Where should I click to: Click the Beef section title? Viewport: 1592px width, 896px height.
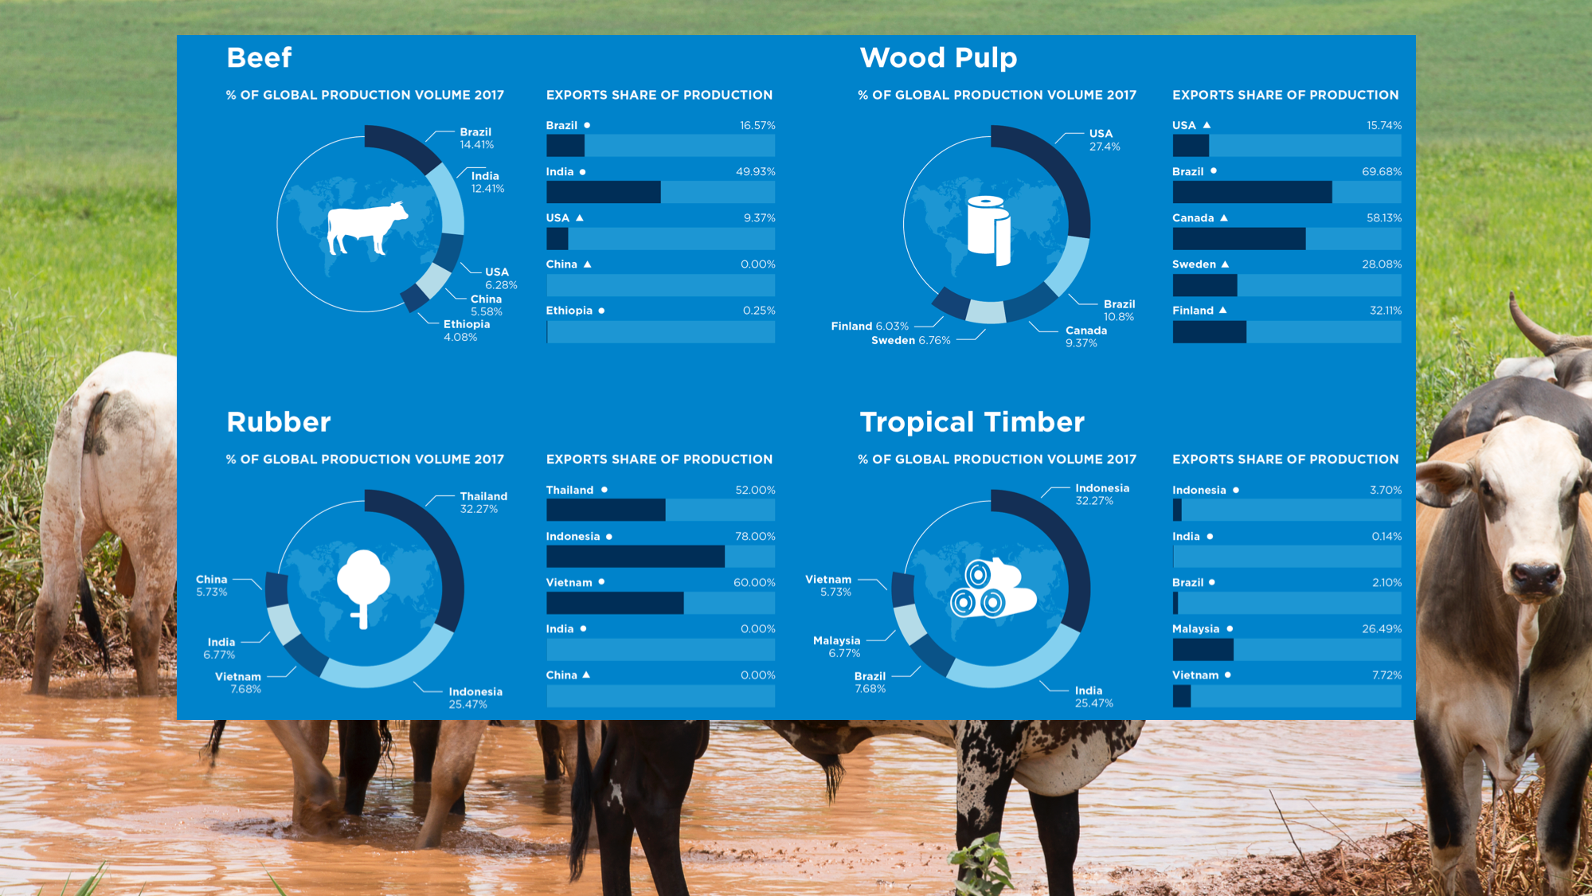pyautogui.click(x=259, y=57)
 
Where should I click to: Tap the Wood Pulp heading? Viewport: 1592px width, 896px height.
pyautogui.click(x=938, y=58)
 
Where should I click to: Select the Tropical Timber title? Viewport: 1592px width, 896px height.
pyautogui.click(x=972, y=422)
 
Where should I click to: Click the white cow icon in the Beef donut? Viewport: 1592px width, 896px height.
pyautogui.click(x=367, y=228)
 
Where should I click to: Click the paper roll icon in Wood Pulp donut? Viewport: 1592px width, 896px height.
pyautogui.click(x=989, y=230)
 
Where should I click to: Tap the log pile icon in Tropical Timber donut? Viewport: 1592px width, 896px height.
pyautogui.click(x=992, y=589)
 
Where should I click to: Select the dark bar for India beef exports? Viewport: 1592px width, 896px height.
pyautogui.click(x=603, y=192)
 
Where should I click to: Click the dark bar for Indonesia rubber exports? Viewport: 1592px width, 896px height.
pyautogui.click(x=635, y=557)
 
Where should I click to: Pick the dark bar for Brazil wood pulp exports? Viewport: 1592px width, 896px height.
pyautogui.click(x=1252, y=192)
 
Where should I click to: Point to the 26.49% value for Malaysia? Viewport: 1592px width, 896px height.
pyautogui.click(x=1382, y=629)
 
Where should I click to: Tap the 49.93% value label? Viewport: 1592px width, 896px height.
pyautogui.click(x=756, y=172)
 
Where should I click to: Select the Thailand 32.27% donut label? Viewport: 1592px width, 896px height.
pyautogui.click(x=483, y=503)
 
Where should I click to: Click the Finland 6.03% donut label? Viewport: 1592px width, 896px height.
pyautogui.click(x=870, y=327)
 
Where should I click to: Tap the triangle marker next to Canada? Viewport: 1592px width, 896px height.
pyautogui.click(x=1224, y=218)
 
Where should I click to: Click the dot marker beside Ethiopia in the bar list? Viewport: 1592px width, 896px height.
pyautogui.click(x=601, y=311)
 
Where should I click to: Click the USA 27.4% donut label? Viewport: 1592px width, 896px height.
pyautogui.click(x=1105, y=140)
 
